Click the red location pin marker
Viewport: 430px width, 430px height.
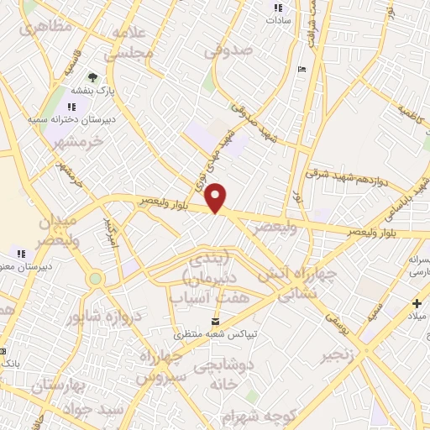pos(217,197)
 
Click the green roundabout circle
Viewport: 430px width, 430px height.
pos(96,278)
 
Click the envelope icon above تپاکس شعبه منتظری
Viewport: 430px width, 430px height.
pos(217,322)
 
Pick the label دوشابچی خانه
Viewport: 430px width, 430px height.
pos(227,377)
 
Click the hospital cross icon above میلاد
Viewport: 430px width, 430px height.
pos(417,303)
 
